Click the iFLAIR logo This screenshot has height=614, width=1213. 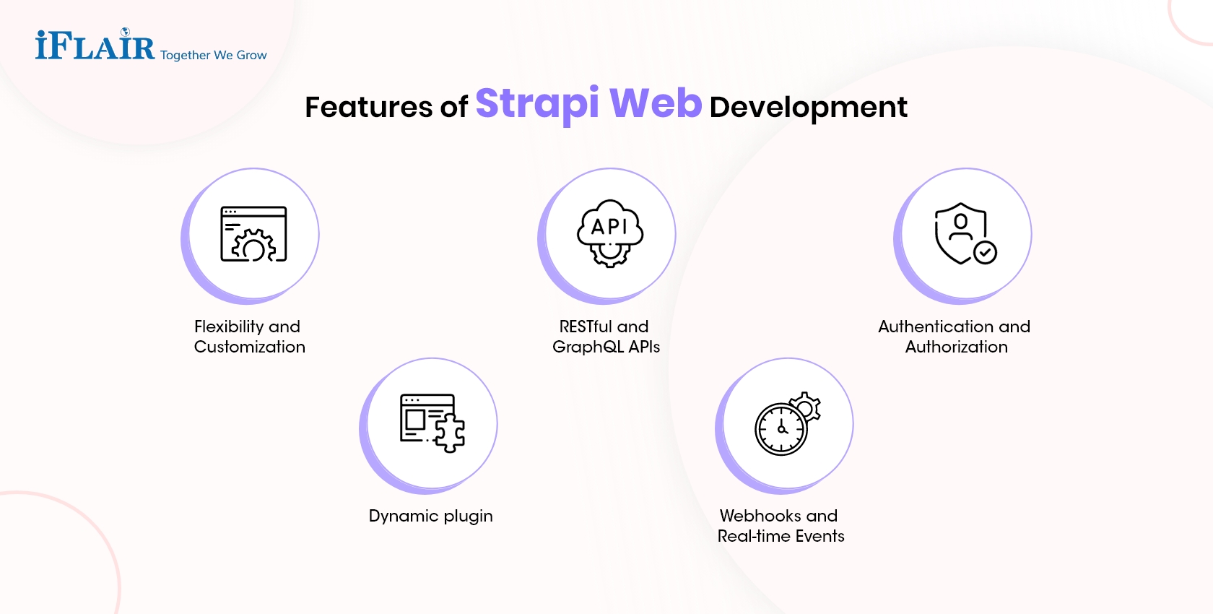click(95, 46)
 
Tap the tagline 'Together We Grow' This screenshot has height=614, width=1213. click(213, 55)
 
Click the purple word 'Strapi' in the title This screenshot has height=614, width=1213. click(537, 103)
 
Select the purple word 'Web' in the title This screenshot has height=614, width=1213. click(656, 103)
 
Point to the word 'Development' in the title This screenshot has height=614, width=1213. click(808, 107)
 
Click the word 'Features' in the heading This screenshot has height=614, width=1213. click(368, 107)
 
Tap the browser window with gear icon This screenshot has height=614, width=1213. click(253, 234)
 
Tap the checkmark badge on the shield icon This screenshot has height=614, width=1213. click(985, 252)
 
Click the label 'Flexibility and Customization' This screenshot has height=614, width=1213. click(250, 337)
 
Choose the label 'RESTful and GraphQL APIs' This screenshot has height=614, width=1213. click(606, 337)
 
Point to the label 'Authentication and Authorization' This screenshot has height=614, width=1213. click(955, 337)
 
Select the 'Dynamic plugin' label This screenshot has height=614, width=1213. click(431, 516)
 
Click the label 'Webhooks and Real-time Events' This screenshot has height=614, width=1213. click(781, 526)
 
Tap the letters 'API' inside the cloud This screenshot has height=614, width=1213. click(609, 227)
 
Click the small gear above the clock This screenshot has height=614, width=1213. click(807, 406)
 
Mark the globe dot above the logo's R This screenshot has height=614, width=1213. click(126, 32)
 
